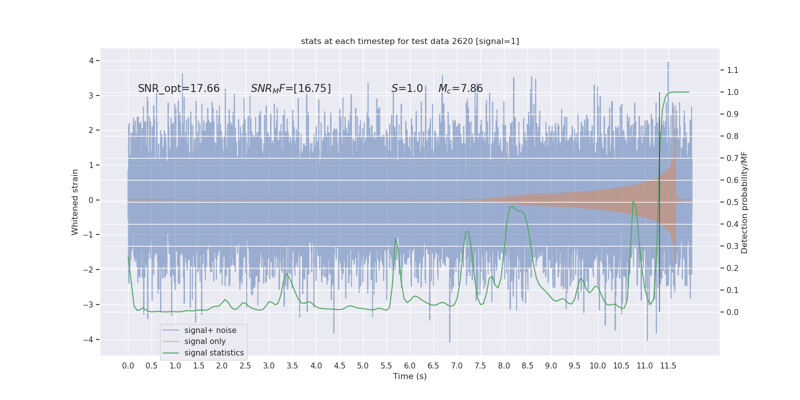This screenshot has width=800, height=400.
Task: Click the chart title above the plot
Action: [x=410, y=41]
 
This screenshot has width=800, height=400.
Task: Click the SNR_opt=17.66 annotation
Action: [x=178, y=88]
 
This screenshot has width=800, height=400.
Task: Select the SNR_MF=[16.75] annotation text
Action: [x=290, y=88]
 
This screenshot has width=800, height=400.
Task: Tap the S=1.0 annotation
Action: [x=407, y=88]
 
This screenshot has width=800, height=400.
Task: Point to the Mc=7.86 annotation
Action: [x=460, y=88]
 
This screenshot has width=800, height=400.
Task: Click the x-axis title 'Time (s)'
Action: [x=410, y=376]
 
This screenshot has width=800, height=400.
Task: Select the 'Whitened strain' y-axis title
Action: [x=75, y=202]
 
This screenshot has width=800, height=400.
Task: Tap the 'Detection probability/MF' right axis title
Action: [x=744, y=202]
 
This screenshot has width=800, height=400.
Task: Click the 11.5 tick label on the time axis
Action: [x=668, y=365]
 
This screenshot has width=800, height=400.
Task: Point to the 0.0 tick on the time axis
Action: [x=128, y=365]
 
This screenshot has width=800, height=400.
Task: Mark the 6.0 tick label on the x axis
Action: [x=410, y=365]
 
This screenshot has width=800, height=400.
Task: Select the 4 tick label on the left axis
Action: [x=91, y=60]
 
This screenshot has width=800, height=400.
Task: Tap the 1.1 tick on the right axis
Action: [x=732, y=70]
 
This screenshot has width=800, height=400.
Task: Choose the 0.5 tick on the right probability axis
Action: [x=732, y=202]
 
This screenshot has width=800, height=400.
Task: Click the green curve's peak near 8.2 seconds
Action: [x=512, y=206]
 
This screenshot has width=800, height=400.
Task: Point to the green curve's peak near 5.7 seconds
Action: [x=396, y=238]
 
